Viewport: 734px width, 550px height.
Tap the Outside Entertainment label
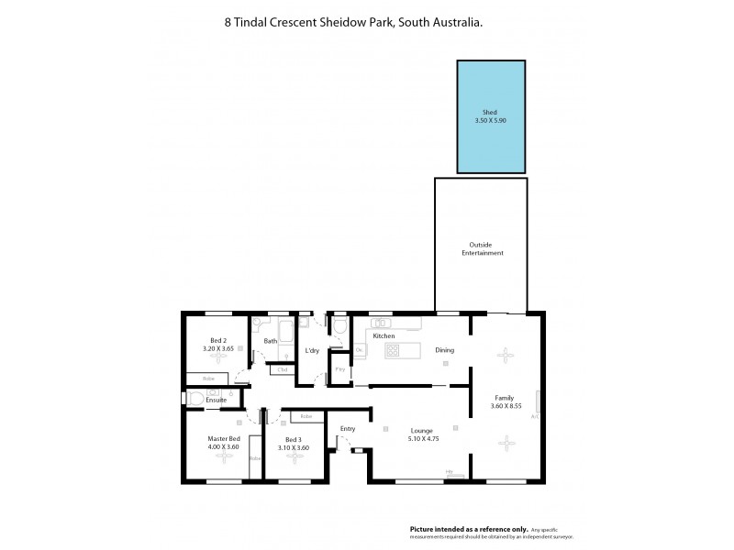pos(481,248)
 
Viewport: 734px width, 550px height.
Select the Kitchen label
pos(384,336)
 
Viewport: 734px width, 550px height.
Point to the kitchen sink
pos(383,322)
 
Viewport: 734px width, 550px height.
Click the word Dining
pos(444,349)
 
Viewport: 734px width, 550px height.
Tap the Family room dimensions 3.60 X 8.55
pos(506,406)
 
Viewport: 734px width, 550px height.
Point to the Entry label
pos(348,428)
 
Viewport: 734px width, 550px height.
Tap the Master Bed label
pos(223,439)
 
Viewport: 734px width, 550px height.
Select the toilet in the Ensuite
pos(195,399)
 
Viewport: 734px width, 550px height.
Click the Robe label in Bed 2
pos(208,378)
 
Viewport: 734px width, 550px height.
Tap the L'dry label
pos(312,351)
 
